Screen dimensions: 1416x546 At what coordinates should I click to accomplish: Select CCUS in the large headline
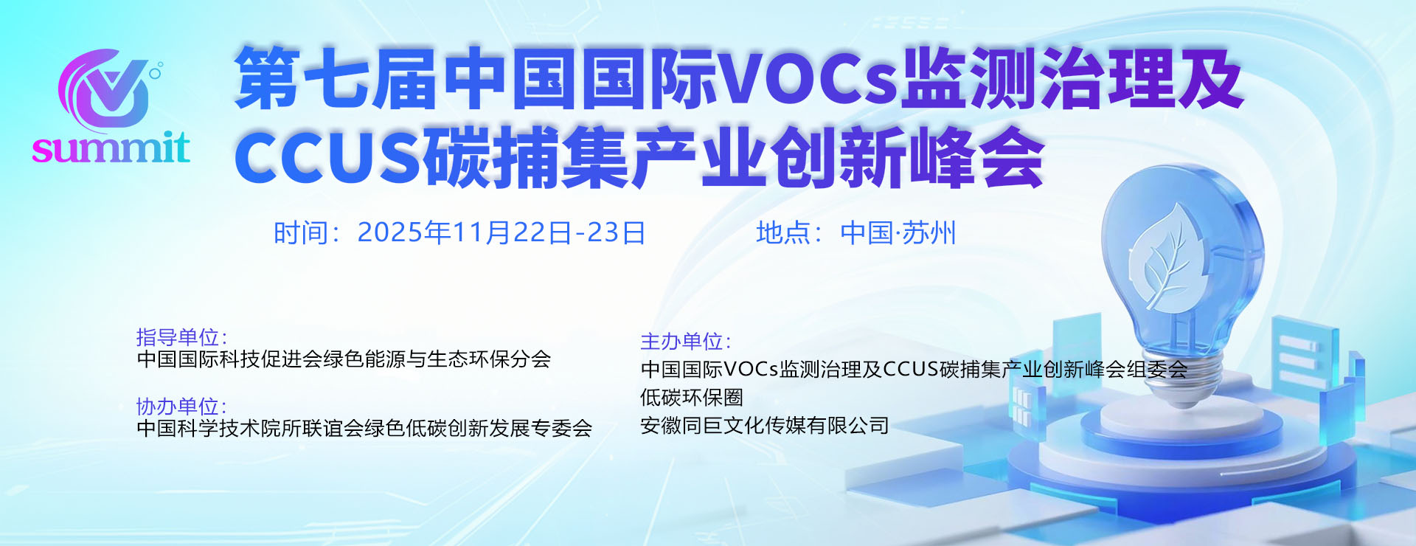(327, 156)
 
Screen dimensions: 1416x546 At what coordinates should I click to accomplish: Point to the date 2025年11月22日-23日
(502, 233)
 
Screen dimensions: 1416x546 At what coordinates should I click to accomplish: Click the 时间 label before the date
(301, 233)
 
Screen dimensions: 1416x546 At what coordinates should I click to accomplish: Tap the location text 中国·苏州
(898, 233)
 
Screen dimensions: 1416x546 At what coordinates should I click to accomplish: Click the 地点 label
(783, 233)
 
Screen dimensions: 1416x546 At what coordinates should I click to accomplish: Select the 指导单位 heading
(178, 337)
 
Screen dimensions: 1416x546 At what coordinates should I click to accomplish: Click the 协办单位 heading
(178, 406)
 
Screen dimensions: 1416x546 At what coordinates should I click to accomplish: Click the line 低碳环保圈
(692, 397)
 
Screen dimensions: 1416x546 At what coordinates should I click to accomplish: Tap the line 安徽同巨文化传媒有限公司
(764, 425)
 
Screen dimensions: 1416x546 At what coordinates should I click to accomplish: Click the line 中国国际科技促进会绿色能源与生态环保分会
(344, 359)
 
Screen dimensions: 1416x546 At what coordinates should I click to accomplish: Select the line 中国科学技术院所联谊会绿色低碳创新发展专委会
(364, 427)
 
